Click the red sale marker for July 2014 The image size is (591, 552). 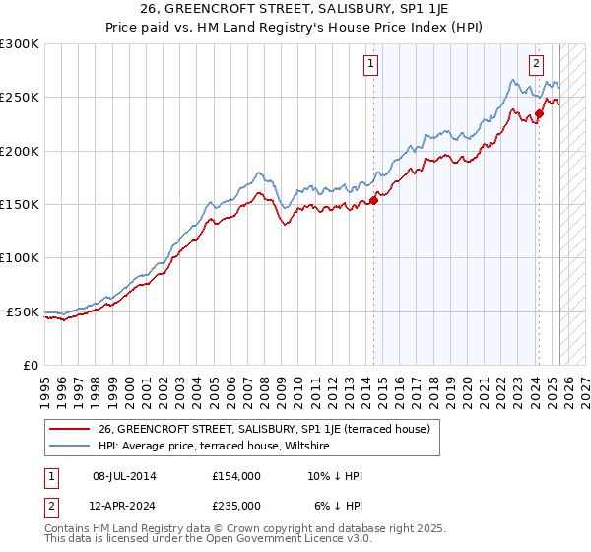374,201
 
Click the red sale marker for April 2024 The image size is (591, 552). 540,114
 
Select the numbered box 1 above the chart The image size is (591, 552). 371,65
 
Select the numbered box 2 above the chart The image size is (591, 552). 537,65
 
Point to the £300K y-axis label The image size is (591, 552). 20,44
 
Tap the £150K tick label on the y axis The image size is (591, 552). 20,205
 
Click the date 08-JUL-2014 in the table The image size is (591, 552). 124,476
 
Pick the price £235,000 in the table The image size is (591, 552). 235,505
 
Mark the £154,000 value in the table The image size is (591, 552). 235,476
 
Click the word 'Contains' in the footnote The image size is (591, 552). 68,530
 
